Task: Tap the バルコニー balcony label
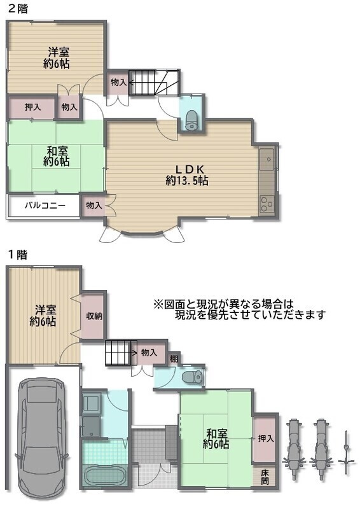[45, 206]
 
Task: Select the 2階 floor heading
[18, 8]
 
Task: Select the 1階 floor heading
[18, 254]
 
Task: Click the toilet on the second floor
[191, 120]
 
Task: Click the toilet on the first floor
[193, 377]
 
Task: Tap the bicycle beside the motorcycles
[347, 452]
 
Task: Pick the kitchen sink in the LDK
[267, 160]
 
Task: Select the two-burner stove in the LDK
[267, 204]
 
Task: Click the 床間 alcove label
[265, 477]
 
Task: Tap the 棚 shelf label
[174, 359]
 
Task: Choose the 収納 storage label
[94, 316]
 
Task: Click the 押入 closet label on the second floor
[33, 106]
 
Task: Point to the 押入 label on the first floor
[267, 438]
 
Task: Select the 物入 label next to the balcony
[94, 205]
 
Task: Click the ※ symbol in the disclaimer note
[158, 305]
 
